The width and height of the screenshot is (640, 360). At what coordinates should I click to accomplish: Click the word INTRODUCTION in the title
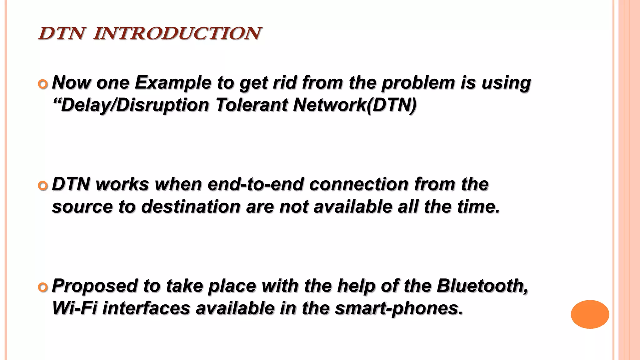177,33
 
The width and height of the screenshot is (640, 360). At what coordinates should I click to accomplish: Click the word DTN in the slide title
62,33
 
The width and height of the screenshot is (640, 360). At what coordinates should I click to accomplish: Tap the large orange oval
590,314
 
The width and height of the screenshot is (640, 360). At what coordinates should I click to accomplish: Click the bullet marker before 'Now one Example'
43,84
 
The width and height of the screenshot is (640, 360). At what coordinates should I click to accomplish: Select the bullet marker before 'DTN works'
43,186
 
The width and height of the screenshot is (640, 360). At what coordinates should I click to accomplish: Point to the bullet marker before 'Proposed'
43,287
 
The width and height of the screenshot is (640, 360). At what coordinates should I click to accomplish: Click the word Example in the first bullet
173,83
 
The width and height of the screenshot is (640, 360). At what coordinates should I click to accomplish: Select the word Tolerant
251,105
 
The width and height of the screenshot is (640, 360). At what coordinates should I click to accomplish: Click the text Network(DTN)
355,105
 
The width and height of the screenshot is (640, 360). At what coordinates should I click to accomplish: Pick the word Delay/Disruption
131,105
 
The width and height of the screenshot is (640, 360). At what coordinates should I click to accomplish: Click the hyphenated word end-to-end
255,184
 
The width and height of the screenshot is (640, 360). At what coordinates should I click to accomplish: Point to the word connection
358,184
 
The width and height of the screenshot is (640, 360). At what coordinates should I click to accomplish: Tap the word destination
190,207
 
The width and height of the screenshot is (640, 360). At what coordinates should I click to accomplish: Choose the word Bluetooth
482,286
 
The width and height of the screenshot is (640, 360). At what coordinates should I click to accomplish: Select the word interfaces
146,308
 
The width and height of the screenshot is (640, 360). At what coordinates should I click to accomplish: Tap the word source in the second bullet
82,207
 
